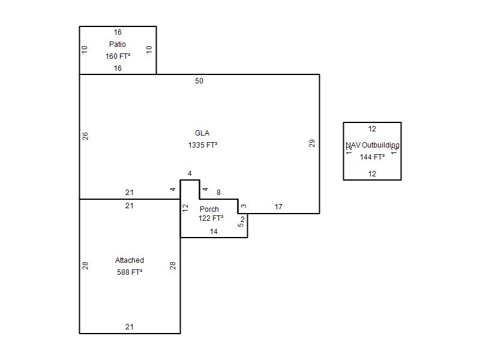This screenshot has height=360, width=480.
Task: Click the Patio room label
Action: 118,44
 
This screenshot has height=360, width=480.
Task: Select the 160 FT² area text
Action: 118,56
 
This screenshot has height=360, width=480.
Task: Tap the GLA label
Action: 202,133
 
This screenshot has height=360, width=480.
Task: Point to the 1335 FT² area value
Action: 202,145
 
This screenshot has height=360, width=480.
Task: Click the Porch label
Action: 209,209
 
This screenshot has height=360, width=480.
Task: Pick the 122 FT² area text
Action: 211,218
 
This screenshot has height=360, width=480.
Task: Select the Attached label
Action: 130,260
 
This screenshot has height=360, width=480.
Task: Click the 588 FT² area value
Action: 130,272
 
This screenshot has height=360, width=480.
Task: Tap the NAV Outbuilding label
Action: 373,145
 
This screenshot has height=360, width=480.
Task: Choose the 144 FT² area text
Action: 372,157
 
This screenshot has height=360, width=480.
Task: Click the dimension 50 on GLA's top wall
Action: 199,81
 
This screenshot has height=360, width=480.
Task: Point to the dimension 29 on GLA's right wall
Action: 312,143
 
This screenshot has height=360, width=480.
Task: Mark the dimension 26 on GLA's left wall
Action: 85,136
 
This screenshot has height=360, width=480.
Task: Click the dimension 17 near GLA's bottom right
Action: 278,207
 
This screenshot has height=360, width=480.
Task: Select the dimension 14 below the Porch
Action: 214,232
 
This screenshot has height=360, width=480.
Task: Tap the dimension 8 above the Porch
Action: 218,193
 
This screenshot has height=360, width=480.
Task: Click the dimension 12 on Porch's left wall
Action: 185,208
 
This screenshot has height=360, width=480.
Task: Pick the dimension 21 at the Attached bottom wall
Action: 130,327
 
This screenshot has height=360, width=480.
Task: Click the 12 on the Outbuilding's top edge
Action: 372,129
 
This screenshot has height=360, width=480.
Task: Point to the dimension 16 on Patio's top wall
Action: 118,32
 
